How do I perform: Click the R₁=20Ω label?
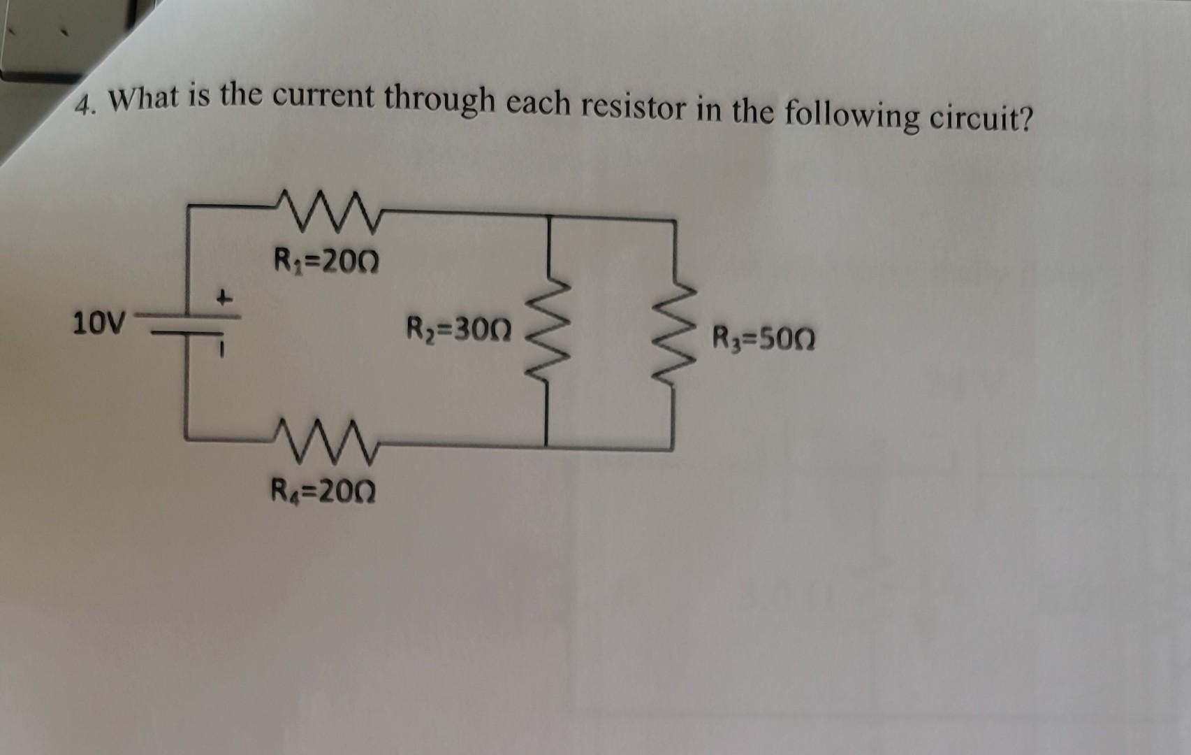(326, 263)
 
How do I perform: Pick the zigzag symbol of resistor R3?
(675, 334)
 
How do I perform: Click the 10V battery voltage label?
(100, 324)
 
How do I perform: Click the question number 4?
(85, 108)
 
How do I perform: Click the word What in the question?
(145, 99)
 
